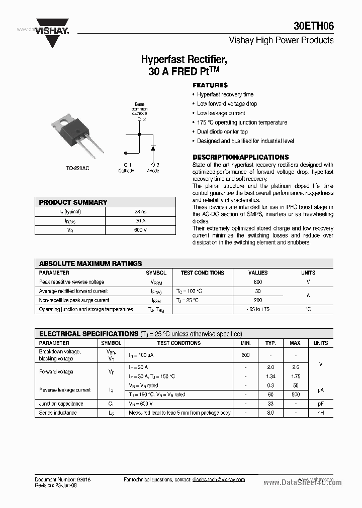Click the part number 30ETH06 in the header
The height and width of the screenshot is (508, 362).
click(x=313, y=27)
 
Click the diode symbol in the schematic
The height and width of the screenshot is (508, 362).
click(x=153, y=148)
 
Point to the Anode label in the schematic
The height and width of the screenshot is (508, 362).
click(x=153, y=171)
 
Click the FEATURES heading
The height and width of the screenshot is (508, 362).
click(x=210, y=85)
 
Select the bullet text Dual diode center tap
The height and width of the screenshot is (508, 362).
click(x=222, y=132)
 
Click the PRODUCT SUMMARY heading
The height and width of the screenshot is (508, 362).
click(x=73, y=202)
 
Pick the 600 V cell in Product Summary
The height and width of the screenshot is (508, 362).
click(x=141, y=230)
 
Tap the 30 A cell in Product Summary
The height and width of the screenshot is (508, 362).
click(x=141, y=221)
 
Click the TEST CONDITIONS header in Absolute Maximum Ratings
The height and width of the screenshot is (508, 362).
click(x=202, y=273)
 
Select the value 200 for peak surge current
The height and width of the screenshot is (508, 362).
click(x=258, y=300)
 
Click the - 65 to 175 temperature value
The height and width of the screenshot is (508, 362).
click(x=258, y=309)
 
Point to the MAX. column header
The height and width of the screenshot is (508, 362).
click(x=295, y=343)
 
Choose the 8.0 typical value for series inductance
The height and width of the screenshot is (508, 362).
click(x=270, y=413)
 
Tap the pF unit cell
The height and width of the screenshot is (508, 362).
click(x=320, y=404)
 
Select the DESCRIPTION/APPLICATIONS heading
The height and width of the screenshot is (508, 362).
click(x=241, y=157)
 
